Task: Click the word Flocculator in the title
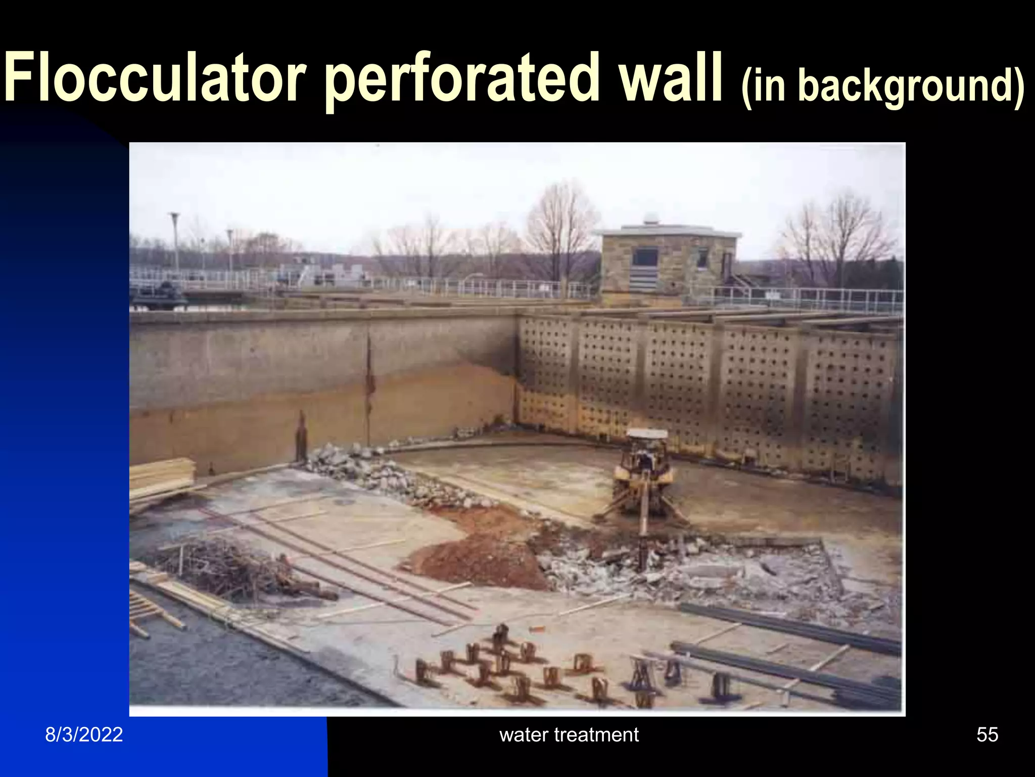point(154,78)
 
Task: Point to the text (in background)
point(882,86)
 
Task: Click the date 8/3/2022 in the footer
point(84,735)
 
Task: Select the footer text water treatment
point(569,735)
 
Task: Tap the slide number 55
point(987,735)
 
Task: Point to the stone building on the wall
point(667,263)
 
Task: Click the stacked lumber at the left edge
point(162,478)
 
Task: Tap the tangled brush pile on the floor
point(227,569)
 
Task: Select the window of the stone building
point(645,257)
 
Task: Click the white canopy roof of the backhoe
point(647,434)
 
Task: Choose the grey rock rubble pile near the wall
point(384,473)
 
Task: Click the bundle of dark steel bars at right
point(788,627)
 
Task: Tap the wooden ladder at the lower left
point(152,615)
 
